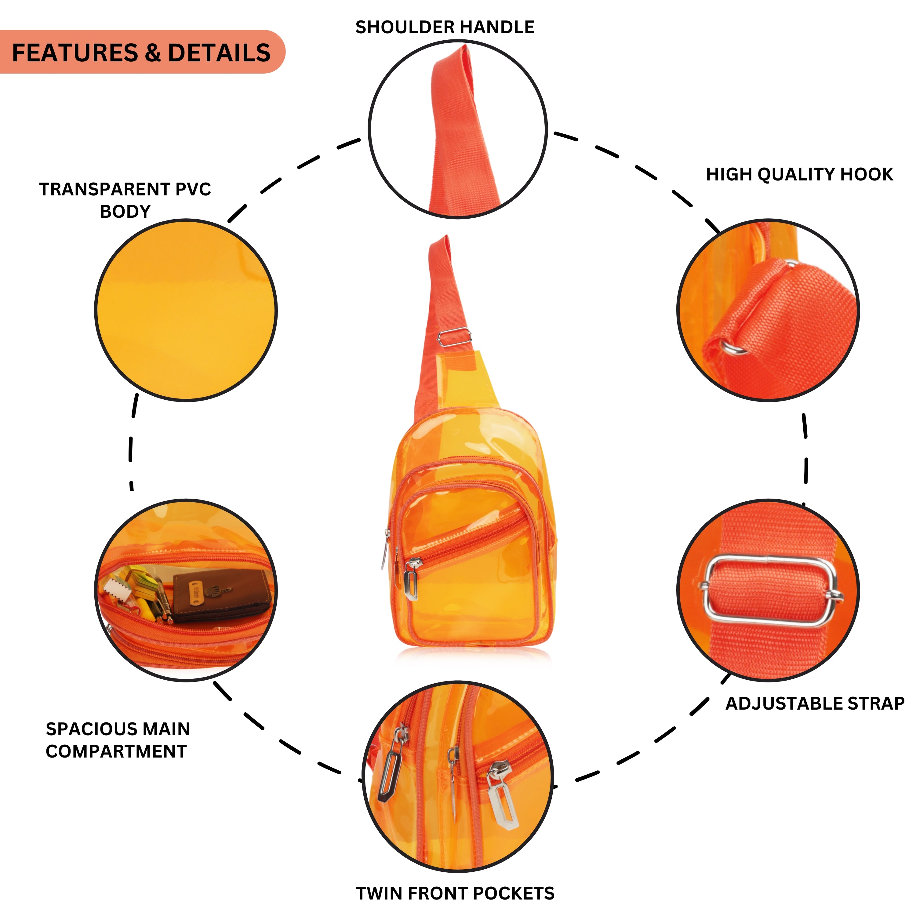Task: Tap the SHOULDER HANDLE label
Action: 445,27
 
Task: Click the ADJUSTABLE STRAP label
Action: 815,703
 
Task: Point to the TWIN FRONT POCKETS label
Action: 455,893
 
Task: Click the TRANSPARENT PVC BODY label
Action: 125,200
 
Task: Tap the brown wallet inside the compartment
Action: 220,595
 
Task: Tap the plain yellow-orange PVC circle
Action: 186,311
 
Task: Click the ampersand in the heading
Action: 153,53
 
